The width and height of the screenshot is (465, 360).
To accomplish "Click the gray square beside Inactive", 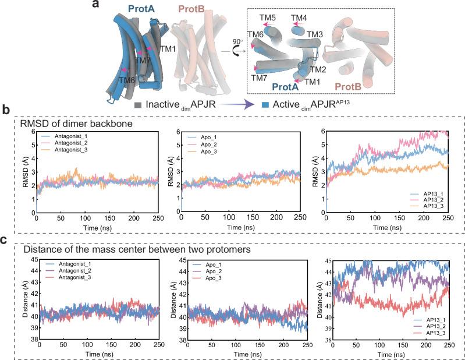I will click(x=137, y=105).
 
